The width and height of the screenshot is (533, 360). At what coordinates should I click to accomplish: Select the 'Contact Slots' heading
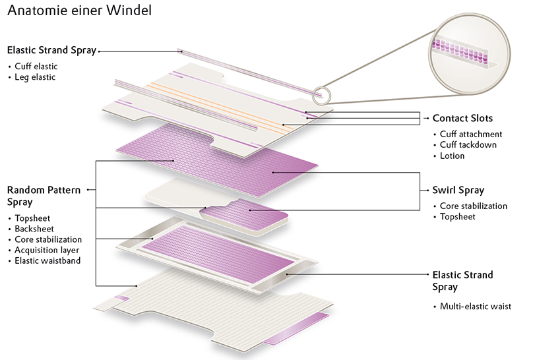point(462,119)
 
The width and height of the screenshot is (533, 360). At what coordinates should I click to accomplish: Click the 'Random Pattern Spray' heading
point(44,195)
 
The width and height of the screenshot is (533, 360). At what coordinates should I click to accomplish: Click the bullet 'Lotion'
point(453,156)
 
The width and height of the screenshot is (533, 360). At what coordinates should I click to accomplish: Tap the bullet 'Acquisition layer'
point(47,250)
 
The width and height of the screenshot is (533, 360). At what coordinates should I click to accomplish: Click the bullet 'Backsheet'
point(36,229)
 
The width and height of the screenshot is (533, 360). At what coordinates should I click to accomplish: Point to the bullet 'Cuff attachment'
point(471,135)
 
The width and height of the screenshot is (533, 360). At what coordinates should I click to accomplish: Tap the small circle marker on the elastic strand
point(321,96)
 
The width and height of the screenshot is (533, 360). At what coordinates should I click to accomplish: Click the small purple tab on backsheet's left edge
point(120,299)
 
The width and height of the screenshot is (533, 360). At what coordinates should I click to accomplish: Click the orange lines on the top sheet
point(218,105)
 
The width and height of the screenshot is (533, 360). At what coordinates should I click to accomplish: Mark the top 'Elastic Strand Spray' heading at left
point(51,50)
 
